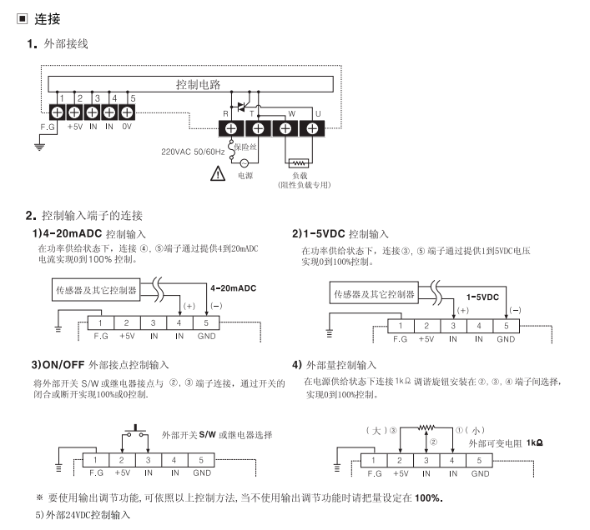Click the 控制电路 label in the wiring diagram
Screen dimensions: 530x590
coord(198,84)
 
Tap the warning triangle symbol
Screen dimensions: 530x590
coord(218,173)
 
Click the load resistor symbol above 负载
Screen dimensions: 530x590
coord(297,163)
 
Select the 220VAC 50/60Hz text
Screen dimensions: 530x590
coord(191,152)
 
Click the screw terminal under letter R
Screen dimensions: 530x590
coord(231,128)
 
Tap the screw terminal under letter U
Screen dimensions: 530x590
coord(312,128)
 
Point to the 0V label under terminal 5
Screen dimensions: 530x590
coord(128,127)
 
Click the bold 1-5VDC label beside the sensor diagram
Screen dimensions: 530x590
coord(482,297)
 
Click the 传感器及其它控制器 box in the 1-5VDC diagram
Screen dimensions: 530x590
coord(374,293)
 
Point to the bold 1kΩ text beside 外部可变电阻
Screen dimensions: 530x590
coord(536,442)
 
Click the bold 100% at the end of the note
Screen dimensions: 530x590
coord(428,498)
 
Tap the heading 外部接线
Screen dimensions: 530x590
coord(66,43)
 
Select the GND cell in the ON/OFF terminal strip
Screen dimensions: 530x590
coord(201,473)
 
